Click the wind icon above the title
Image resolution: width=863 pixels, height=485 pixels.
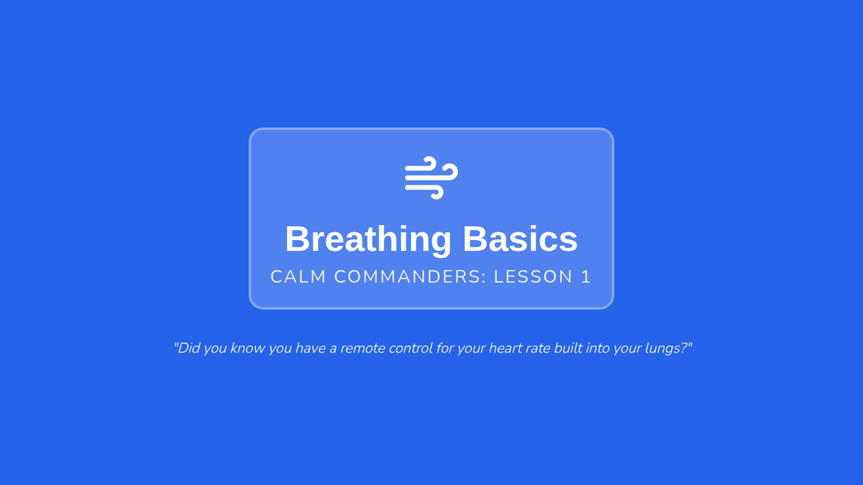[431, 178]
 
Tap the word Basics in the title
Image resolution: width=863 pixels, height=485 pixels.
[520, 239]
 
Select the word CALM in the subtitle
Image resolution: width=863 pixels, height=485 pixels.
[298, 277]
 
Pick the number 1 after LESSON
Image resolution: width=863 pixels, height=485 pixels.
[586, 277]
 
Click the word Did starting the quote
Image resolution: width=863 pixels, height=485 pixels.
[188, 348]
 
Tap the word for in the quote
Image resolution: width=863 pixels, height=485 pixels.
[443, 348]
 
